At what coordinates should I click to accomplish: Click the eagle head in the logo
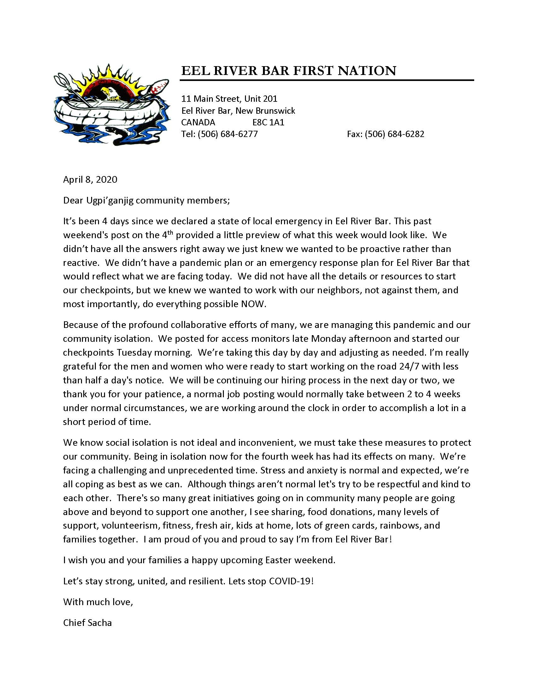pyautogui.click(x=108, y=92)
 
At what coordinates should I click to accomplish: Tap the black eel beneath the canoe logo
pyautogui.click(x=127, y=133)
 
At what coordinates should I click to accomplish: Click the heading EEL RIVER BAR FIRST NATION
pyautogui.click(x=288, y=71)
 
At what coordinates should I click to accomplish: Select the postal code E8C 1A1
pyautogui.click(x=268, y=123)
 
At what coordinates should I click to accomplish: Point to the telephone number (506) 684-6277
pyautogui.click(x=227, y=134)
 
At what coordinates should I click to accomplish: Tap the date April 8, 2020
pyautogui.click(x=90, y=180)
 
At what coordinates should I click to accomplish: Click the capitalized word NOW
pyautogui.click(x=253, y=304)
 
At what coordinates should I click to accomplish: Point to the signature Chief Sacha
pyautogui.click(x=87, y=622)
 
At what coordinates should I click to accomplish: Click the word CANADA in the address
pyautogui.click(x=198, y=123)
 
